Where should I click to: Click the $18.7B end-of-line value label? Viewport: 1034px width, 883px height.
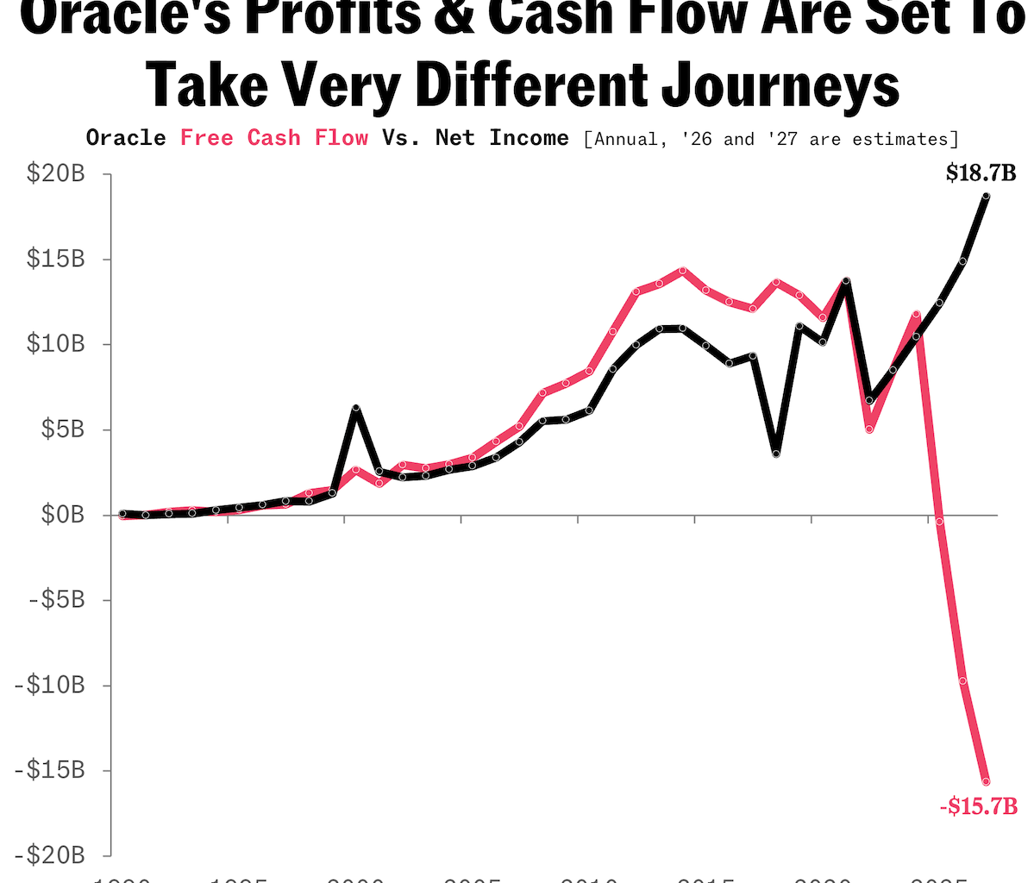[981, 173]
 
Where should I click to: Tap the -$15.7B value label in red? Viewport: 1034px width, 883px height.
[978, 807]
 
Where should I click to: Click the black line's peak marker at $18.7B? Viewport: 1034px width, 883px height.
[986, 197]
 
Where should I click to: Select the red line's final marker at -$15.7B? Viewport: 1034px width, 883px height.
[986, 781]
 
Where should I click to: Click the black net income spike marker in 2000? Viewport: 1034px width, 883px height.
[355, 408]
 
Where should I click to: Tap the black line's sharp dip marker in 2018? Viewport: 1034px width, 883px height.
[776, 454]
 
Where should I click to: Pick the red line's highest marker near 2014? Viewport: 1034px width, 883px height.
[682, 271]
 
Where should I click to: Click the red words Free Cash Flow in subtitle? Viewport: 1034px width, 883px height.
[274, 138]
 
